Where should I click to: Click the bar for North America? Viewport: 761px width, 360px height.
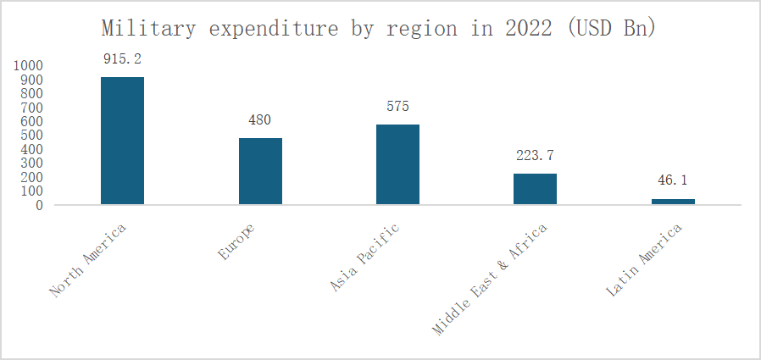pyautogui.click(x=122, y=141)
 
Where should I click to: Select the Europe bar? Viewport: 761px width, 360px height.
pyautogui.click(x=260, y=171)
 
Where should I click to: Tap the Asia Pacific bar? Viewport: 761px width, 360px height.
pyautogui.click(x=397, y=164)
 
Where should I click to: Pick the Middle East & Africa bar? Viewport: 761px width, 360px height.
pyautogui.click(x=535, y=189)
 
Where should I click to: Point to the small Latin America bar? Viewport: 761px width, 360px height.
pyautogui.click(x=673, y=202)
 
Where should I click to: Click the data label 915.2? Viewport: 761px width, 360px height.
pyautogui.click(x=122, y=60)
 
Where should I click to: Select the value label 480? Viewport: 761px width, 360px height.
pyautogui.click(x=259, y=120)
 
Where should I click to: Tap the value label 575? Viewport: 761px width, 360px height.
pyautogui.click(x=397, y=107)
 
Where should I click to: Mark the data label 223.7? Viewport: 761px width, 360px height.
pyautogui.click(x=535, y=156)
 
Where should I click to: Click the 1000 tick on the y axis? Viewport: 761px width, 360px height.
pyautogui.click(x=29, y=65)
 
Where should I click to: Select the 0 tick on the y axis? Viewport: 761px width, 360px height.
pyautogui.click(x=39, y=205)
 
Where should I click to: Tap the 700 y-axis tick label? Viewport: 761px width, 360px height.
pyautogui.click(x=32, y=108)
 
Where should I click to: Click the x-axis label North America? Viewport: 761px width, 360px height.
pyautogui.click(x=88, y=260)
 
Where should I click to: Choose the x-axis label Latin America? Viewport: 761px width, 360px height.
pyautogui.click(x=645, y=260)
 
